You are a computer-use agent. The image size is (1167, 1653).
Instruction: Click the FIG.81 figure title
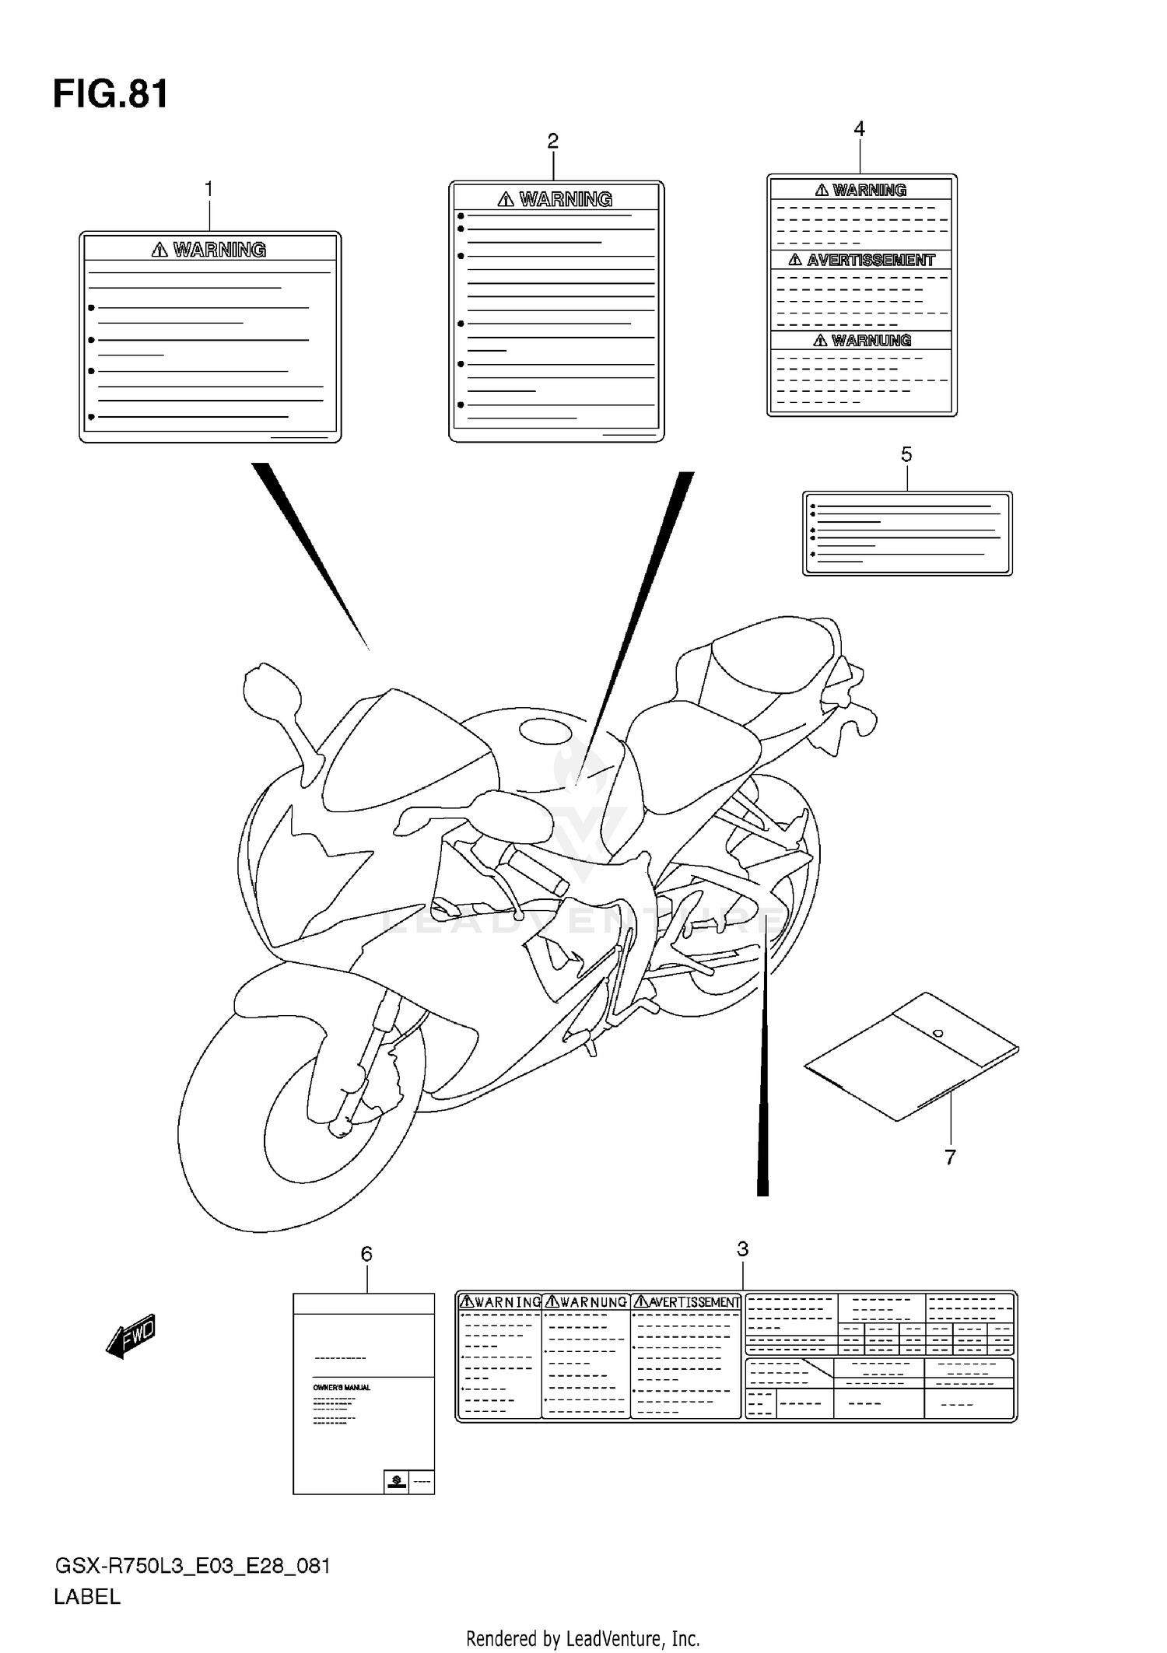click(x=110, y=95)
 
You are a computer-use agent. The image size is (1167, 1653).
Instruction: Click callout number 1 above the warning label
click(x=209, y=188)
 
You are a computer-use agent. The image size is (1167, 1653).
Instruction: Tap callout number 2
click(x=552, y=141)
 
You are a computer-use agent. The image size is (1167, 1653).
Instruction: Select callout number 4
click(x=859, y=128)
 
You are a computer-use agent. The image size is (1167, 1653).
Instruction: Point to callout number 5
click(x=906, y=454)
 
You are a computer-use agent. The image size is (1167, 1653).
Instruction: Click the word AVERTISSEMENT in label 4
click(x=870, y=261)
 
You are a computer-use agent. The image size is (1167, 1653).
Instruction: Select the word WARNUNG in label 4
click(x=870, y=341)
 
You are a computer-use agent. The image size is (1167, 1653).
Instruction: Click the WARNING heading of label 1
click(x=219, y=250)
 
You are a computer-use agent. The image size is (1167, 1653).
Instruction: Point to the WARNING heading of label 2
click(x=565, y=200)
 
